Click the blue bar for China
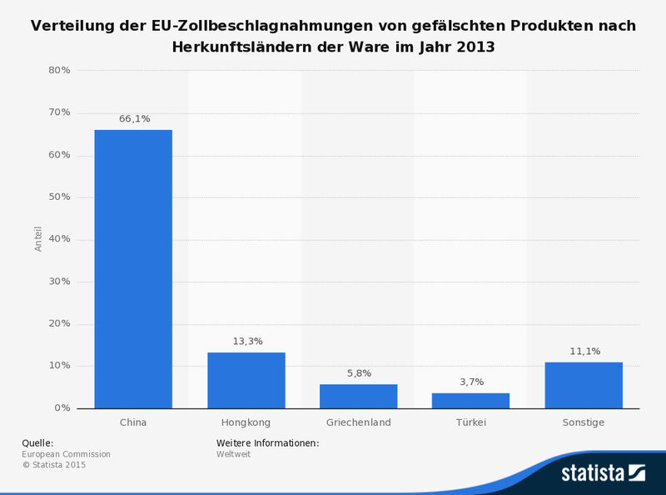[x=133, y=269]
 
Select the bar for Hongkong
[x=246, y=380]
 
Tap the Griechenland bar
[x=359, y=396]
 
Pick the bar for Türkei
[x=470, y=400]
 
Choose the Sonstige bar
[x=584, y=385]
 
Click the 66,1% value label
[x=134, y=119]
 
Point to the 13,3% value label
[x=246, y=342]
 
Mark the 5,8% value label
[x=359, y=373]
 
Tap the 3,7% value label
[x=471, y=382]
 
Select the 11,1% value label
[x=584, y=351]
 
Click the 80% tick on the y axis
[x=59, y=71]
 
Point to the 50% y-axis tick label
[x=59, y=197]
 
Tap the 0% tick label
[x=62, y=408]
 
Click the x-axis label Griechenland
[x=359, y=422]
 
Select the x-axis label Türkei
[x=471, y=422]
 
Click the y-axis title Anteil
[x=38, y=239]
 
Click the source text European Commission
[x=66, y=454]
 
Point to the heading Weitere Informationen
[x=267, y=442]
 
